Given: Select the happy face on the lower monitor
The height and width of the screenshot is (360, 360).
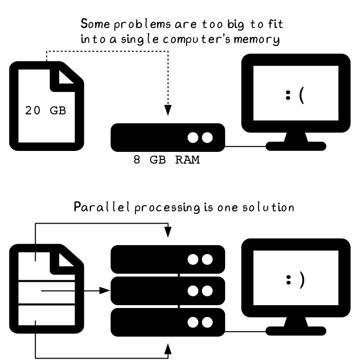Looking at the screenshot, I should point(295,280).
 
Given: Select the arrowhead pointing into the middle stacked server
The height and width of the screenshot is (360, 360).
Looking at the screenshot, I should point(105,291).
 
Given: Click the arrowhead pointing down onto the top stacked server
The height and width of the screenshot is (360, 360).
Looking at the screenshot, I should point(168,232).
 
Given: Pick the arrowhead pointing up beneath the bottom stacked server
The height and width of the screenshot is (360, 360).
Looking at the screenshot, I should point(168,350).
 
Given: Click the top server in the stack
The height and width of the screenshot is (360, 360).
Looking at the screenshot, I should point(168,259).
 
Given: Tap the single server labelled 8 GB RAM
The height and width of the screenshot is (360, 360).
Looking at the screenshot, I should point(168,137).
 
